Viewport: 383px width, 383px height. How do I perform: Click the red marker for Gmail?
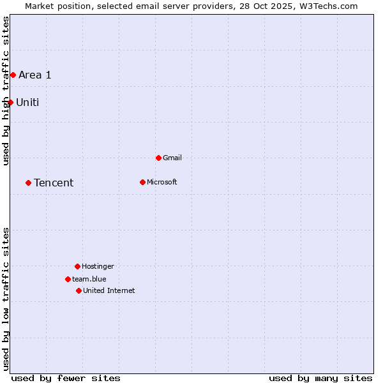pos(158,158)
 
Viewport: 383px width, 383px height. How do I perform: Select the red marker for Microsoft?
pos(142,182)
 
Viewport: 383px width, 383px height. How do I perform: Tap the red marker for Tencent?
pos(28,183)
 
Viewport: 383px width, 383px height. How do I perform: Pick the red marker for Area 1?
pos(13,75)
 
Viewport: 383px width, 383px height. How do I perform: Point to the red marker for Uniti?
pos(10,102)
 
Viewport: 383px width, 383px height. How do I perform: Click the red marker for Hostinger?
pos(77,266)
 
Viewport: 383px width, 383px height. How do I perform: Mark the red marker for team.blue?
pos(68,279)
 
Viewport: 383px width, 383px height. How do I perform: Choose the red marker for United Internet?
pos(79,290)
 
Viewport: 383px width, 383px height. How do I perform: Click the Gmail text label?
pos(172,158)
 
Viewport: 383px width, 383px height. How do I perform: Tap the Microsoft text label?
pos(162,182)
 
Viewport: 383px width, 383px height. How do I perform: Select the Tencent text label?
pos(54,183)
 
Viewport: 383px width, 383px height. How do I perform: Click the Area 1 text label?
pos(35,75)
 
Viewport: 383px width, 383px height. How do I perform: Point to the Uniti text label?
pos(27,102)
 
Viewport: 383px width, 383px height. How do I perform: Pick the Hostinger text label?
pos(98,266)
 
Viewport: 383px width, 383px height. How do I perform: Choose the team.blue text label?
pos(89,279)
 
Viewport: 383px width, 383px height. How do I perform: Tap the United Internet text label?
pos(109,290)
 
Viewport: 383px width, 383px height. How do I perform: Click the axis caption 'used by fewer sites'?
pos(66,378)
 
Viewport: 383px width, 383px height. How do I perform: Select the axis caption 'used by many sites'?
pos(320,378)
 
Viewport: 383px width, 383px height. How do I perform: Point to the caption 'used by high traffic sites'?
pos(6,91)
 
